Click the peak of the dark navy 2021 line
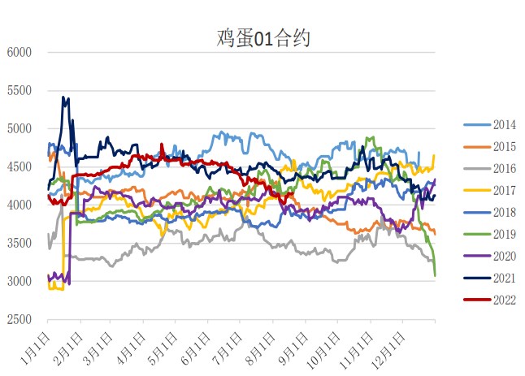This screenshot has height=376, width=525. [x=63, y=97]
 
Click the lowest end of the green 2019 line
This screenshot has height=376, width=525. [x=435, y=275]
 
